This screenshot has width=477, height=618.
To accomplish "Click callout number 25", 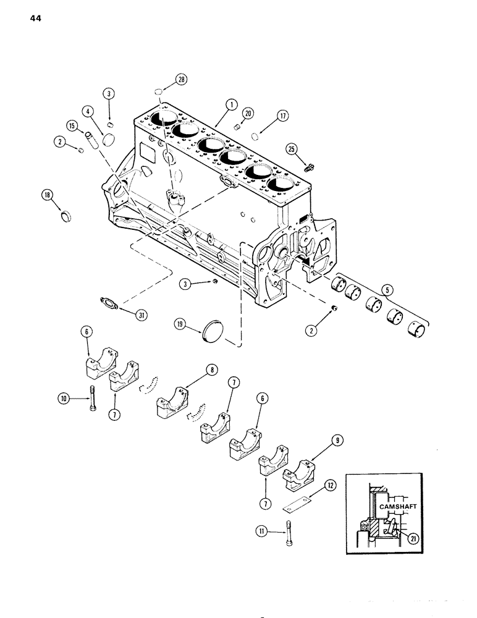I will tap(291, 148).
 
